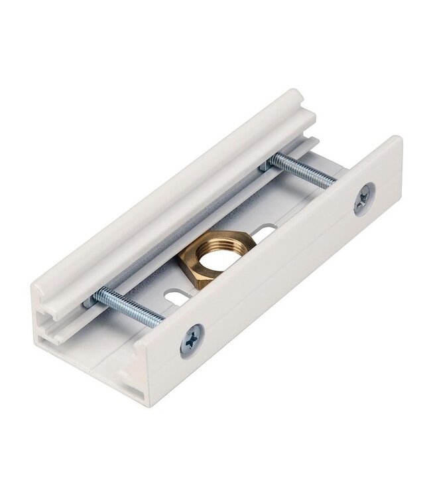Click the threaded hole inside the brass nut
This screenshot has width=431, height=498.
click(217, 256)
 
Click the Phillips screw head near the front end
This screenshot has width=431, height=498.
click(192, 341)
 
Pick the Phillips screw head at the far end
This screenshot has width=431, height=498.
click(364, 199)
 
